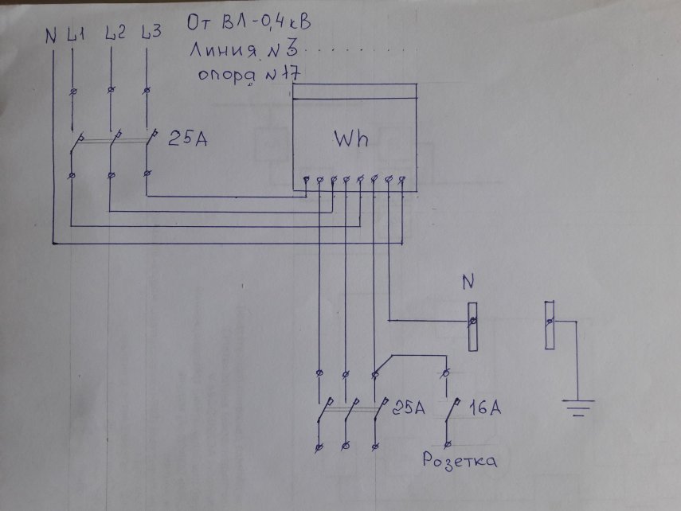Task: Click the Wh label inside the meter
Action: [350, 139]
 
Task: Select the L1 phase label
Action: [76, 35]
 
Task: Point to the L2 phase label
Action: [114, 34]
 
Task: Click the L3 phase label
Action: [151, 33]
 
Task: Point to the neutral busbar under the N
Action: [472, 326]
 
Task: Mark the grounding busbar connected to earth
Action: [550, 324]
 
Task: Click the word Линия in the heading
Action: [221, 52]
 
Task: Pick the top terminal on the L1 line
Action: [72, 92]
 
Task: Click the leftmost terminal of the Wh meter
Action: [306, 181]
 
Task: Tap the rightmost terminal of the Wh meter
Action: [402, 180]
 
